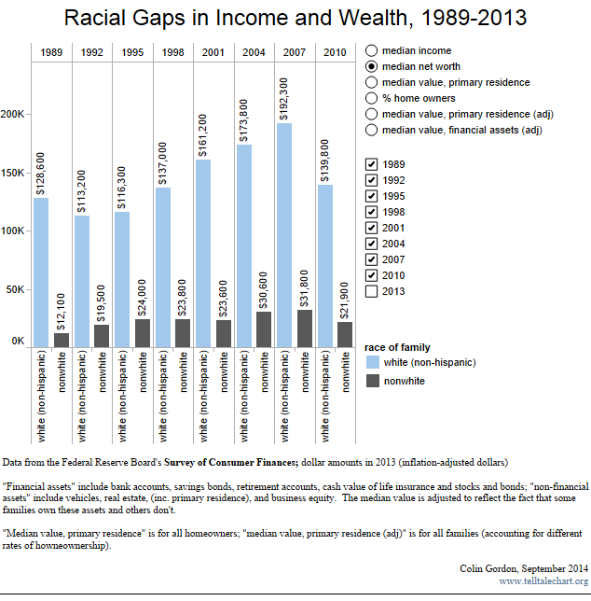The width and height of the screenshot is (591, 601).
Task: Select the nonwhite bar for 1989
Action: pyautogui.click(x=62, y=340)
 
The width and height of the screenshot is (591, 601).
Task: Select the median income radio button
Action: pyautogui.click(x=372, y=50)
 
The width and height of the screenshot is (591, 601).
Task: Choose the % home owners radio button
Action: pyautogui.click(x=372, y=98)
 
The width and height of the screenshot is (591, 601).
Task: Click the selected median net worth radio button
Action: pyautogui.click(x=372, y=66)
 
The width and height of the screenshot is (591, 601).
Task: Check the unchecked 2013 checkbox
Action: pyautogui.click(x=372, y=291)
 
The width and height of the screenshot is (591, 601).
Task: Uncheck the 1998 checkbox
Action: pyautogui.click(x=372, y=212)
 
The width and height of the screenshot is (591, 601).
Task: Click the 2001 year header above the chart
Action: pyautogui.click(x=213, y=52)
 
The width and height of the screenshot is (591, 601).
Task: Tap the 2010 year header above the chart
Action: pyautogui.click(x=335, y=52)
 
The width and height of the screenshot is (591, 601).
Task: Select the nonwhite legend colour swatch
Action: pyautogui.click(x=373, y=380)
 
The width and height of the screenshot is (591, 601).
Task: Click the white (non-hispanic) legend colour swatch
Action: pyautogui.click(x=373, y=362)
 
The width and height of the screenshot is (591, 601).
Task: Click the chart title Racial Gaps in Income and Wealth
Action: pyautogui.click(x=295, y=18)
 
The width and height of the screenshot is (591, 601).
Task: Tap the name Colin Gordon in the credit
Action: pyautogui.click(x=490, y=568)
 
